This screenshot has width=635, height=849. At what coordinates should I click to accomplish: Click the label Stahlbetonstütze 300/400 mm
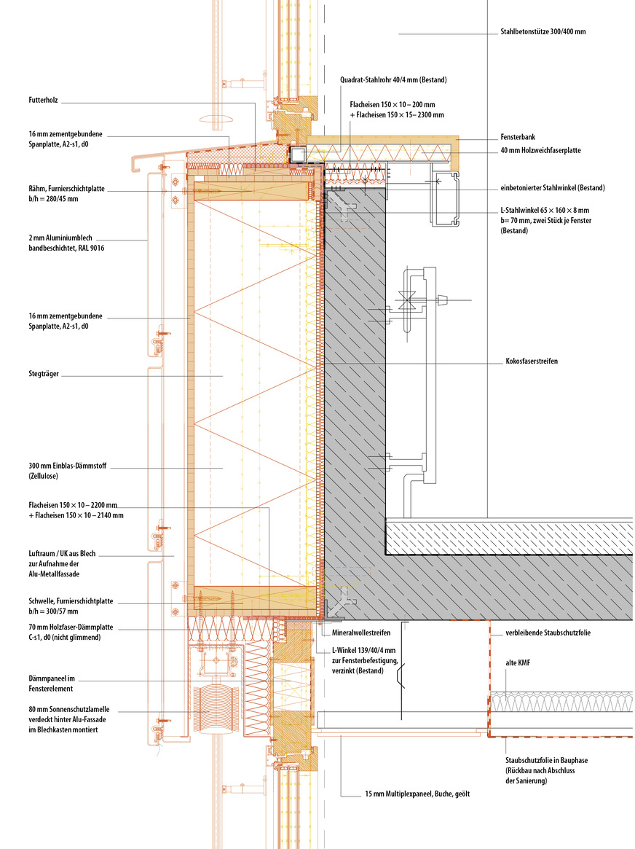(x=543, y=33)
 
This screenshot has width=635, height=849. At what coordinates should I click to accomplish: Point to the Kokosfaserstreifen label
(x=531, y=361)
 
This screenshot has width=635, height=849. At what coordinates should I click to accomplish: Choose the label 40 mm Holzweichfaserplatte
(x=540, y=152)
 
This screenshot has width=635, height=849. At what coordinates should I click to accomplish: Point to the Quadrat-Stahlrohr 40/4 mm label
(x=393, y=79)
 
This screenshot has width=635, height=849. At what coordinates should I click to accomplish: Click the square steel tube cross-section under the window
(x=298, y=154)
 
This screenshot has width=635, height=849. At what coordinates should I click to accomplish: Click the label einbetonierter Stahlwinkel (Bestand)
(x=553, y=188)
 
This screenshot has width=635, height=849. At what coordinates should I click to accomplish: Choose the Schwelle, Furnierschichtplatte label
(x=70, y=601)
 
